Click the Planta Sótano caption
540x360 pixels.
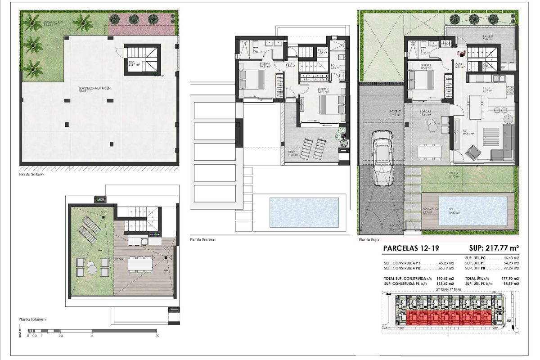32,173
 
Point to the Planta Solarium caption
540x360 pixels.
32,319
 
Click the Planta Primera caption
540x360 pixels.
203,240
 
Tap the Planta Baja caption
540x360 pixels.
369,240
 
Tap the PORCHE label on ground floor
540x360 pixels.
426,112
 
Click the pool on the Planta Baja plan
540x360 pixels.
472,211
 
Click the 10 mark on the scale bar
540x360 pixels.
157,336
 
